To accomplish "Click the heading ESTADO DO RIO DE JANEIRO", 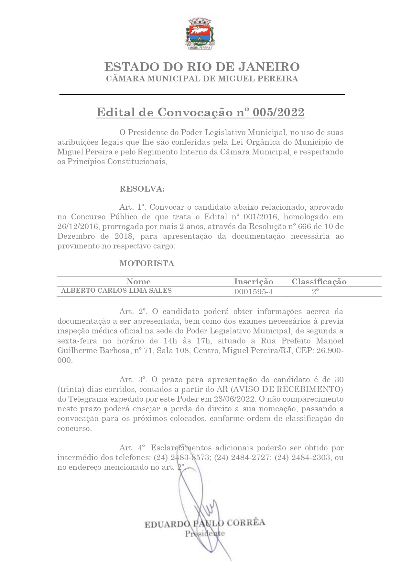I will (202, 67).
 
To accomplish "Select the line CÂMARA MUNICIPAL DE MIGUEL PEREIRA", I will (202, 79).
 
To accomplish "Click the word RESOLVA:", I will (142, 189).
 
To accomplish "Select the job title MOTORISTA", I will (147, 263).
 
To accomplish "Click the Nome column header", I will (138, 282).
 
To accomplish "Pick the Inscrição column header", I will (254, 282).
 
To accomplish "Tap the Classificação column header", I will (319, 282).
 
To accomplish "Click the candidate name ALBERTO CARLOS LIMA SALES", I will (116, 290).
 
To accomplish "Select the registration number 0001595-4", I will (254, 292).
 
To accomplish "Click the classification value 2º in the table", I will (315, 291).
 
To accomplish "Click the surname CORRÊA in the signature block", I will (246, 523).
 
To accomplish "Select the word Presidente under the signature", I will (205, 533).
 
